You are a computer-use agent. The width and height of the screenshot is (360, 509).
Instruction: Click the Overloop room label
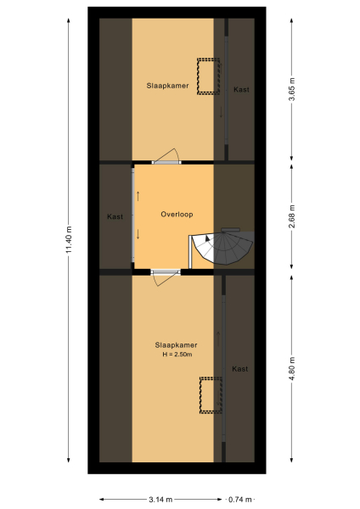click(x=177, y=215)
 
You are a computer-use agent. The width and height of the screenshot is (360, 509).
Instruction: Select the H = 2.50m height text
click(x=176, y=354)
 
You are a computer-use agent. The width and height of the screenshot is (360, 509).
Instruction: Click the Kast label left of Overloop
click(x=115, y=217)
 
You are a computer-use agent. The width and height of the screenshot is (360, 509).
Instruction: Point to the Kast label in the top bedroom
click(x=241, y=89)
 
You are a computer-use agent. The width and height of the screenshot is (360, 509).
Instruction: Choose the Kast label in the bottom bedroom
click(x=240, y=369)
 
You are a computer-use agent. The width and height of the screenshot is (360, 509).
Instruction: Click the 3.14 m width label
click(x=160, y=500)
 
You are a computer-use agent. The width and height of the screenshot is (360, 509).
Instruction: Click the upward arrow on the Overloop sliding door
click(x=138, y=198)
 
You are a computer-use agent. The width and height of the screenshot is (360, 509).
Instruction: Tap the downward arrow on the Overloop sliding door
click(x=138, y=235)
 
